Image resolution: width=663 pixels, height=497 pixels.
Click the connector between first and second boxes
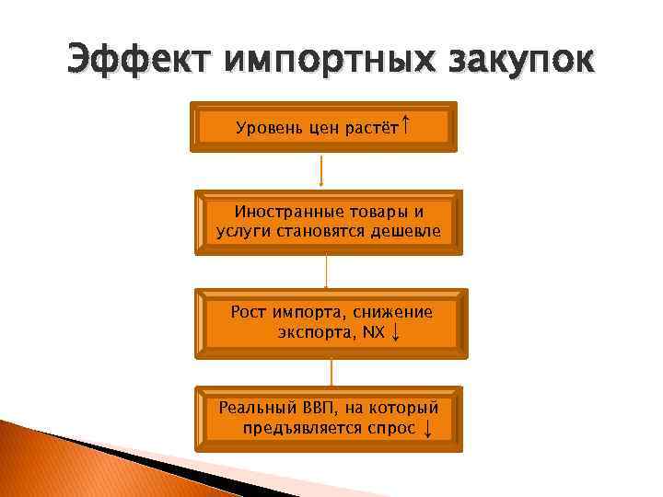pyautogui.click(x=321, y=171)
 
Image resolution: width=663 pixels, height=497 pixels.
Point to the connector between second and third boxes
pyautogui.click(x=326, y=272)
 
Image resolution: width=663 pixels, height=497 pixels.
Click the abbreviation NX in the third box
pyautogui.click(x=374, y=331)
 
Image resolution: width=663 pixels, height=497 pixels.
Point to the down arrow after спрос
pyautogui.click(x=428, y=428)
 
